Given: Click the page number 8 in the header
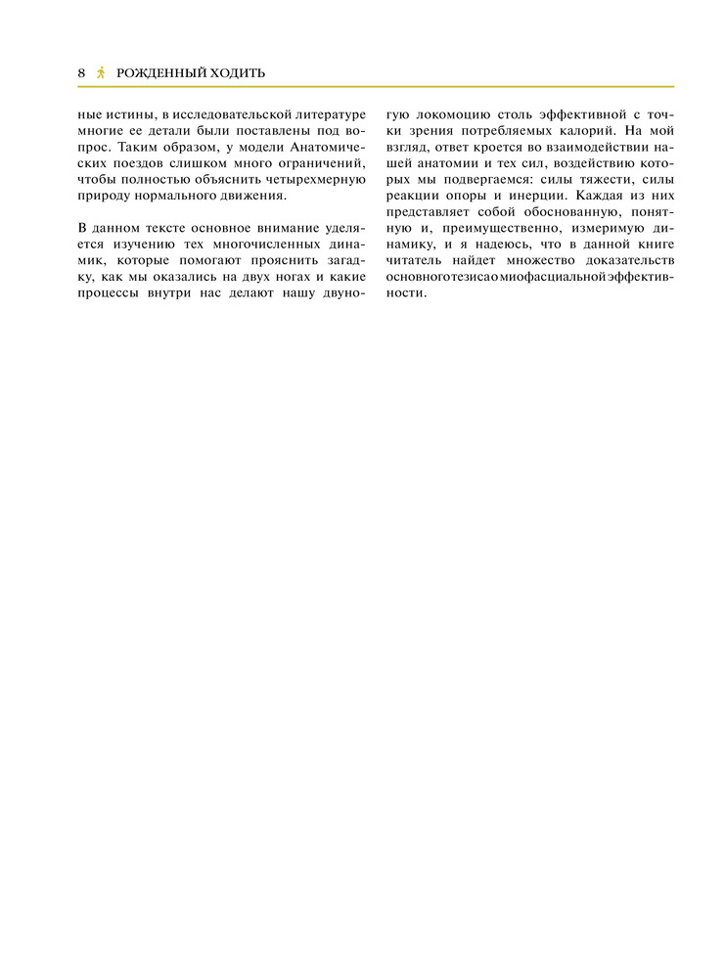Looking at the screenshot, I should (82, 73).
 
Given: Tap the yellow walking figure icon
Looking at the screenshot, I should (102, 73).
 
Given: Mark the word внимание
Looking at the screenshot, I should (273, 229).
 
